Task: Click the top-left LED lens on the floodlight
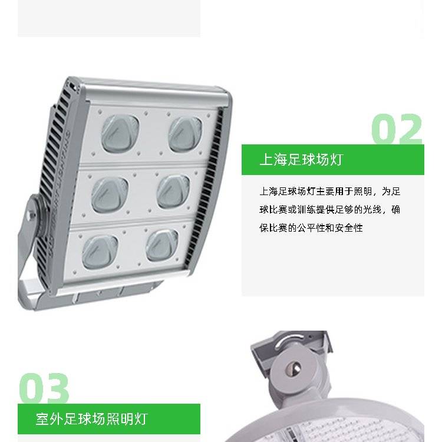pyautogui.click(x=120, y=133)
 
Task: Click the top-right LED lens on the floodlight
pyautogui.click(x=185, y=134)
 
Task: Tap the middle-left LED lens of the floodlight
pyautogui.click(x=110, y=195)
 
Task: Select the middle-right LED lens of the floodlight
pyautogui.click(x=173, y=192)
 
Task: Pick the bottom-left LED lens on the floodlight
pyautogui.click(x=100, y=252)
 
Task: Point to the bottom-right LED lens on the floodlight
pyautogui.click(x=162, y=245)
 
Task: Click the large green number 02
pyautogui.click(x=397, y=129)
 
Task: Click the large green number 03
pyautogui.click(x=44, y=388)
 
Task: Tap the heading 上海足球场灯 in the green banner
pyautogui.click(x=301, y=160)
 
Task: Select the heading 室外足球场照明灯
pyautogui.click(x=92, y=419)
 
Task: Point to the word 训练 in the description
pyautogui.click(x=306, y=210)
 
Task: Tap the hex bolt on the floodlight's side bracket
pyautogui.click(x=30, y=216)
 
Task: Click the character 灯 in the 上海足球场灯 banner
pyautogui.click(x=337, y=160)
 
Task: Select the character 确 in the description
pyautogui.click(x=395, y=210)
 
